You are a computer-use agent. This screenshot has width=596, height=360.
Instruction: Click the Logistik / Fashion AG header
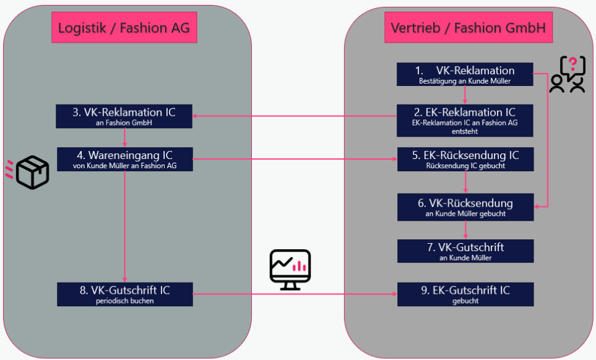tap(124, 28)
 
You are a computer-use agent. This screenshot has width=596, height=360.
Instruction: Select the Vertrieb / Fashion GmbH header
tap(467, 28)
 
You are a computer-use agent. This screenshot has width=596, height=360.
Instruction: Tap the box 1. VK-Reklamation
tap(465, 74)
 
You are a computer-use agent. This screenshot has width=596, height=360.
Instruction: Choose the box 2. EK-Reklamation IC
tap(465, 117)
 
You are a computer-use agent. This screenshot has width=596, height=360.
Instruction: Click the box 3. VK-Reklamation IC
tap(124, 116)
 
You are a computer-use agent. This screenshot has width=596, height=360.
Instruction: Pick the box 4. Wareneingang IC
tap(124, 160)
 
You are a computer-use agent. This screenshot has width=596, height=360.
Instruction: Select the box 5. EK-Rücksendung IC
tap(465, 159)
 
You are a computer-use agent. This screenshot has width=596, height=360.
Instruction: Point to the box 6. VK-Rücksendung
tap(465, 207)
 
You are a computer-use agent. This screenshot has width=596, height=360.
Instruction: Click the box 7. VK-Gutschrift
tap(465, 251)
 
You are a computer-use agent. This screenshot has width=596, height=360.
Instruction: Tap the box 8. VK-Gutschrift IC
tap(124, 294)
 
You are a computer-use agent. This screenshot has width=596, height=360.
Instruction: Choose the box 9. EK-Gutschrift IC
tap(465, 294)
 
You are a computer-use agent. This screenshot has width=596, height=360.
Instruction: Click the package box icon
tap(32, 172)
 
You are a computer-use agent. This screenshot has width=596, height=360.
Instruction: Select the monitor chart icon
tap(290, 270)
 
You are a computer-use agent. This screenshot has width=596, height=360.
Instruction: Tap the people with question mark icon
tap(568, 75)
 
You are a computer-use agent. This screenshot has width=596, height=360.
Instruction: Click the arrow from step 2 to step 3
tap(295, 116)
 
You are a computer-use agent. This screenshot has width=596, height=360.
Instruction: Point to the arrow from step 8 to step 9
tap(295, 294)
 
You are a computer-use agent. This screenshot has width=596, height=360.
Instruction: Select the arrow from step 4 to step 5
tap(295, 159)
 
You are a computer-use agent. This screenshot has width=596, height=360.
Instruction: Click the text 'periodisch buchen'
tap(124, 301)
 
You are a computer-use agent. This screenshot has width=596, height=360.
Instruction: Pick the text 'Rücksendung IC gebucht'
tap(465, 166)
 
